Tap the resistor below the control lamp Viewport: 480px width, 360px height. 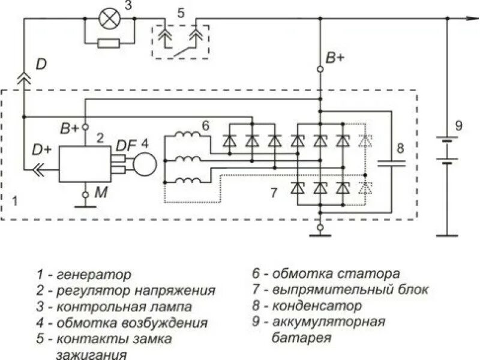pyautogui.click(x=109, y=43)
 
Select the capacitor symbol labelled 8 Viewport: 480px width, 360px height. pyautogui.click(x=391, y=162)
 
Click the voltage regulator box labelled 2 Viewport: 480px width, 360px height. pyautogui.click(x=84, y=163)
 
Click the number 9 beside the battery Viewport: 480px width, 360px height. pyautogui.click(x=458, y=125)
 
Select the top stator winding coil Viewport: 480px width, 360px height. pyautogui.click(x=189, y=136)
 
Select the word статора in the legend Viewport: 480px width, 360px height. pyautogui.click(x=371, y=274)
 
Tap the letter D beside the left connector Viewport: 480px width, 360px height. pyautogui.click(x=41, y=64)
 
